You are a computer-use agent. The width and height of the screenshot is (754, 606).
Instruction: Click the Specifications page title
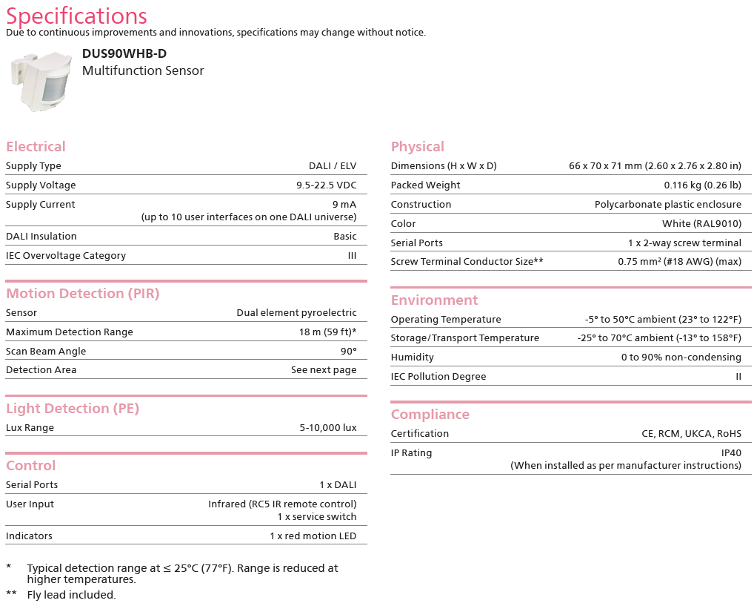tap(76, 16)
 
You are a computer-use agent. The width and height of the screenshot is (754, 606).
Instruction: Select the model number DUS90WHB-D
tap(124, 53)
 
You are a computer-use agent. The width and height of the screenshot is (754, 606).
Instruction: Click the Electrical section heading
tap(36, 146)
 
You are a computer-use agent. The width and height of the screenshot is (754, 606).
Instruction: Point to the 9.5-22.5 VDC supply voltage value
tap(326, 185)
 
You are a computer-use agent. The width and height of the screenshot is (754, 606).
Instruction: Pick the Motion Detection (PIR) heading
tap(83, 293)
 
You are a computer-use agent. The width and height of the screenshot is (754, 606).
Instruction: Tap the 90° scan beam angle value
tap(348, 351)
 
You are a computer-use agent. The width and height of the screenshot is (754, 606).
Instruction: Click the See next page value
tap(324, 369)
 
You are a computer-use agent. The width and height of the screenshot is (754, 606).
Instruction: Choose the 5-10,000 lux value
tap(328, 427)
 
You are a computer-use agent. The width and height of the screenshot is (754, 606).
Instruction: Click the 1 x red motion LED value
tap(313, 536)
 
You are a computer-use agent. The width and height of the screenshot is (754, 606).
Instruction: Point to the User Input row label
tap(30, 504)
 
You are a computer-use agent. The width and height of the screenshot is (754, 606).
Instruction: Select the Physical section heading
tap(418, 146)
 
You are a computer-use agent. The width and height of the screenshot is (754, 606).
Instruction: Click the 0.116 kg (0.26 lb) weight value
tap(702, 185)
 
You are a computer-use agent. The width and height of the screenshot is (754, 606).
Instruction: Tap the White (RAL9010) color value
tap(701, 223)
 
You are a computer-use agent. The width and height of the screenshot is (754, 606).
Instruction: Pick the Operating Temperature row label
tap(446, 319)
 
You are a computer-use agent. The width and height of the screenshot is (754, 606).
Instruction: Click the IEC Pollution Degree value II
tap(738, 376)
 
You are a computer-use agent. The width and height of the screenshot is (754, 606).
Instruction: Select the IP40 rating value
tap(731, 452)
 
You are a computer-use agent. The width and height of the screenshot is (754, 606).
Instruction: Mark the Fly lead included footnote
tap(71, 594)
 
